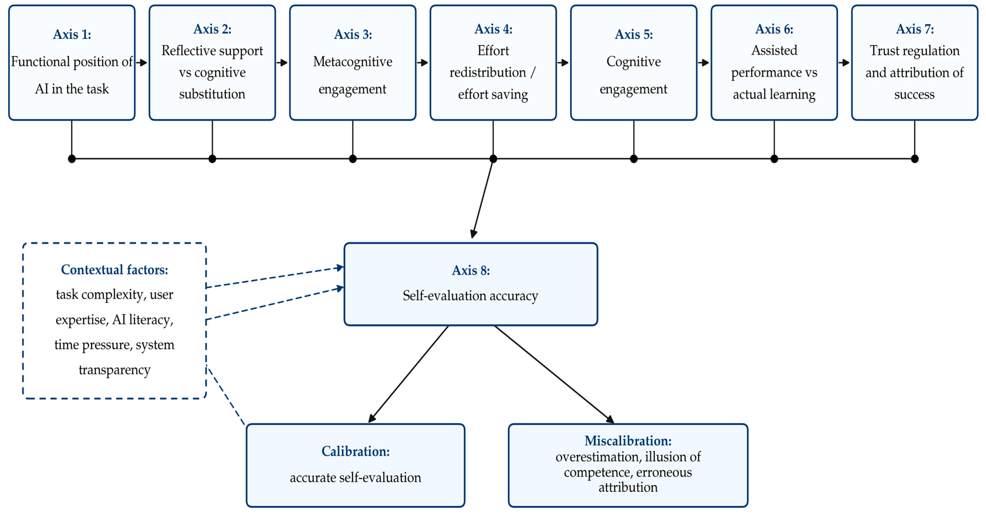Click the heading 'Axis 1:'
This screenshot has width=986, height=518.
(x=72, y=34)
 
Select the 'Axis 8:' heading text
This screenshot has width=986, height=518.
(x=471, y=270)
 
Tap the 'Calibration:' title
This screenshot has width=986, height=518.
(x=355, y=451)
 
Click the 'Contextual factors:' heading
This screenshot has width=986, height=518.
(x=114, y=270)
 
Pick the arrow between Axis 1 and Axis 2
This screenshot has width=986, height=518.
(x=142, y=62)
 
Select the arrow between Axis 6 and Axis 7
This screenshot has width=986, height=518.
(x=844, y=62)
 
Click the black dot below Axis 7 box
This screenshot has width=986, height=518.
(x=915, y=159)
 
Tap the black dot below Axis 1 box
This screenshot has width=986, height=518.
(x=71, y=159)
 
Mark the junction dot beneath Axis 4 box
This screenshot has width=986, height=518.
(x=493, y=159)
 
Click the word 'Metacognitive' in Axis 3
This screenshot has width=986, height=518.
(x=352, y=62)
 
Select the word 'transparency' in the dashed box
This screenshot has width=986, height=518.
(x=114, y=370)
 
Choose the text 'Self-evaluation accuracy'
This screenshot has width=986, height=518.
(x=470, y=296)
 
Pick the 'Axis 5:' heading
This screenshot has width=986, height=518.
(x=634, y=34)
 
